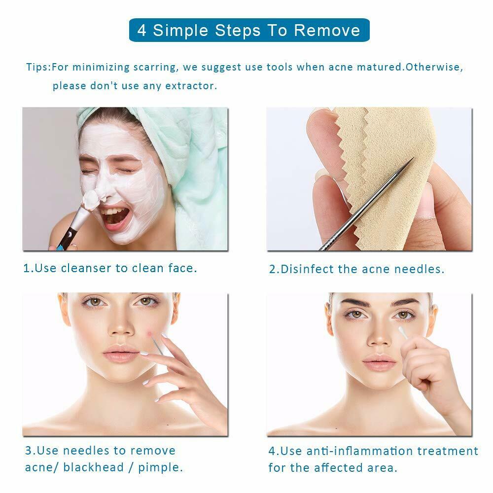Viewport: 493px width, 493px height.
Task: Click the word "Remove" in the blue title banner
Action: (327, 30)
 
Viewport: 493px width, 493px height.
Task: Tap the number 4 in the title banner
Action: (142, 30)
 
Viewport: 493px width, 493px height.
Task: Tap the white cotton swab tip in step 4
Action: (401, 333)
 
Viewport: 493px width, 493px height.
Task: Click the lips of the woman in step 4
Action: (379, 364)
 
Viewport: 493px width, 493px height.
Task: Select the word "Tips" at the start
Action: (37, 67)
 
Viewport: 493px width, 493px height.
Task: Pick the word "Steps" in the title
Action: (238, 30)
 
